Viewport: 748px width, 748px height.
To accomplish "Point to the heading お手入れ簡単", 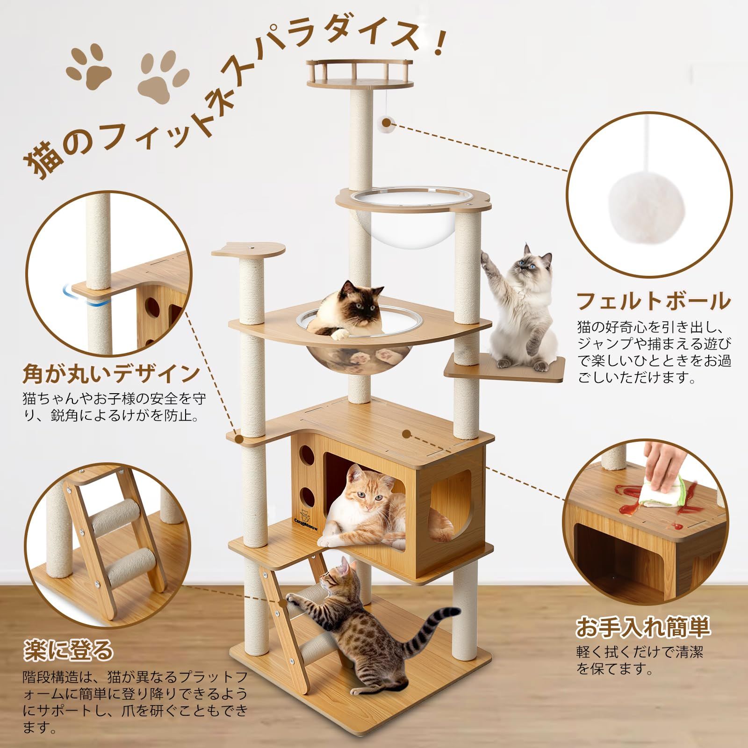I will tap(643, 627).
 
